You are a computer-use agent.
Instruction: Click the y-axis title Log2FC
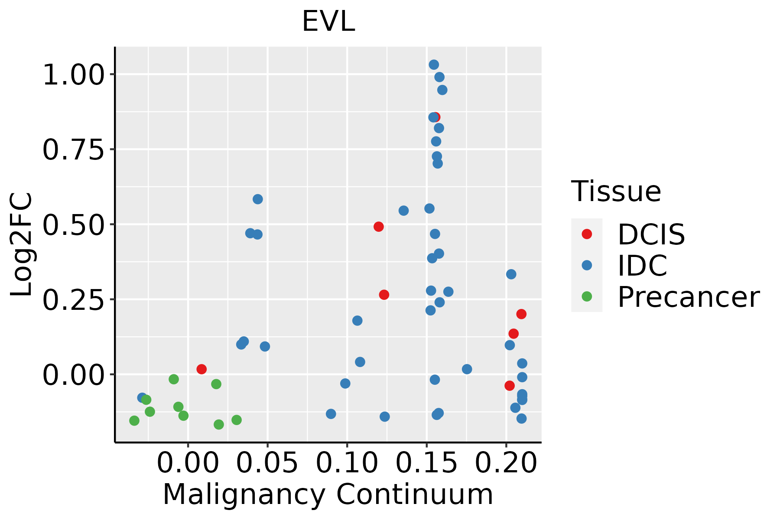click(x=22, y=244)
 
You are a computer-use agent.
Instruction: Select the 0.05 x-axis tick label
click(x=267, y=463)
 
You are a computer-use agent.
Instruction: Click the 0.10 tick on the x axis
click(x=347, y=463)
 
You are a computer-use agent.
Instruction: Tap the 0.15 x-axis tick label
click(x=427, y=463)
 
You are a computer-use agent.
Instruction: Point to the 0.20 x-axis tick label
click(x=506, y=463)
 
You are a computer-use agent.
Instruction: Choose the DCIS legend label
click(x=651, y=234)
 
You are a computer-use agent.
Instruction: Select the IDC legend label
click(x=642, y=266)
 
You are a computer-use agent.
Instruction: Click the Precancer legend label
click(x=688, y=297)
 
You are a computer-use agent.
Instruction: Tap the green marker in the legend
click(x=587, y=297)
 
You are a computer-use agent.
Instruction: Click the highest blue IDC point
click(x=434, y=65)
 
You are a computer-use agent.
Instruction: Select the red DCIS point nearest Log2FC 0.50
click(x=379, y=227)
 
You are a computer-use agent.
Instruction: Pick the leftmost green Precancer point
click(x=134, y=420)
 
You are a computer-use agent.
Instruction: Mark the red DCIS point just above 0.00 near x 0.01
click(x=201, y=369)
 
